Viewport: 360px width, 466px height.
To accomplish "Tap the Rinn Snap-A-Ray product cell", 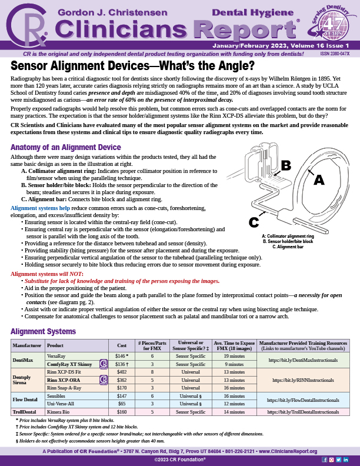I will tap(64, 388).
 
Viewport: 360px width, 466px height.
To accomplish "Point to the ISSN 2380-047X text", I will tap(334, 53).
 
